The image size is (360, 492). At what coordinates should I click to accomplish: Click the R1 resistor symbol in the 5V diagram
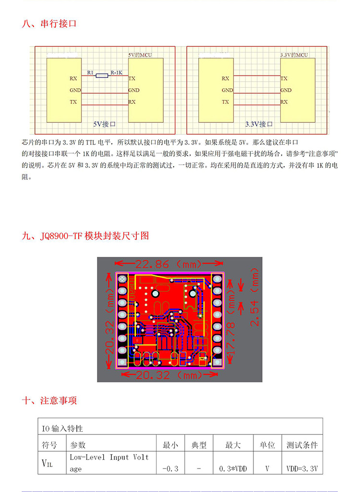102,75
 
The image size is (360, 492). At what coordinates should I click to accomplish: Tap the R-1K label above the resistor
116,72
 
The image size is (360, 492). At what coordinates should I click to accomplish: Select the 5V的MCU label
140,55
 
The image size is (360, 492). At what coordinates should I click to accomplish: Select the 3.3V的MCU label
294,55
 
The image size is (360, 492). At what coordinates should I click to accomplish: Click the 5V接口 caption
105,123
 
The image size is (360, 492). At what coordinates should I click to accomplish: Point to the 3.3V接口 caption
259,124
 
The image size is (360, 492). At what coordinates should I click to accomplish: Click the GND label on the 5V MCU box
134,90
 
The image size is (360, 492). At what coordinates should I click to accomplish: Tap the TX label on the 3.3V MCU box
284,78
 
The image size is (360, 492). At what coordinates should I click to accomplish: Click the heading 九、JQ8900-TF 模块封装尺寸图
86,236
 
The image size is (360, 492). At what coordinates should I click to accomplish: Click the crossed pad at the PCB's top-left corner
122,278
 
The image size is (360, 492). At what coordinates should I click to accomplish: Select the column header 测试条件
302,445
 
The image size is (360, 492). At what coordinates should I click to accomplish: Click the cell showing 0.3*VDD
233,468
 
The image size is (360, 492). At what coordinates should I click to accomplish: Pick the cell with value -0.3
170,468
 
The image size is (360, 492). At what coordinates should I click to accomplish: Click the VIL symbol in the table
48,464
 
